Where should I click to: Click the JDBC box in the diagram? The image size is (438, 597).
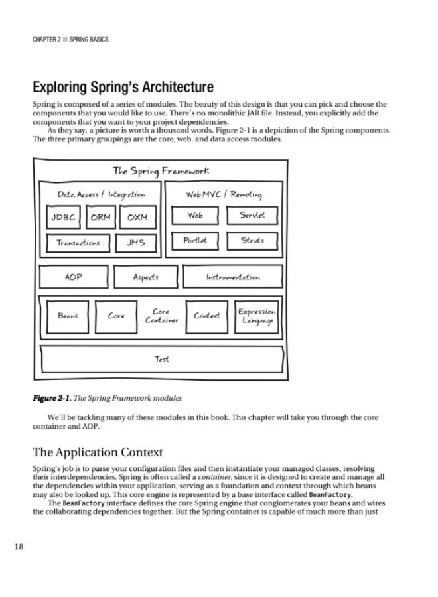pos(64,218)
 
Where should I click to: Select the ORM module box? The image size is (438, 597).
pos(101,218)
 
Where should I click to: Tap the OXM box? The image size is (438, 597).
pos(138,218)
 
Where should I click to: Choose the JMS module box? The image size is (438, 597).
pos(136,243)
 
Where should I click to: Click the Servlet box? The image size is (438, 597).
pos(252,216)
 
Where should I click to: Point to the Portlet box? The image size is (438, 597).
pos(195,241)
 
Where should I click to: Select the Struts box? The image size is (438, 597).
pos(252,241)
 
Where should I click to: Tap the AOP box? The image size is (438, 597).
pos(74,277)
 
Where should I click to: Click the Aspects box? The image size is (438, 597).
pos(145,277)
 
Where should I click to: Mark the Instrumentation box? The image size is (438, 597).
pos(233,277)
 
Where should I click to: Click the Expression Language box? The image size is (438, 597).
pos(257,316)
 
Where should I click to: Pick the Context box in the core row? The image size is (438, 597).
pos(207,316)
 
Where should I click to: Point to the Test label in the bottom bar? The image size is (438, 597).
pos(162,359)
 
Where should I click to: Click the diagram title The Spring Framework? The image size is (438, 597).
pos(161,171)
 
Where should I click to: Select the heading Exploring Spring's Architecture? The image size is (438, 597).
pos(123,87)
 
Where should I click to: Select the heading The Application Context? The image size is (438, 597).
pos(98,453)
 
